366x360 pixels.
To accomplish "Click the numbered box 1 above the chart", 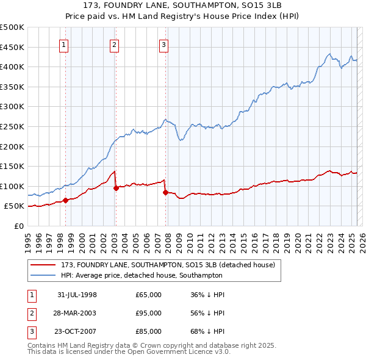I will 64,43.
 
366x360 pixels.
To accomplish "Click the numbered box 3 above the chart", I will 164,43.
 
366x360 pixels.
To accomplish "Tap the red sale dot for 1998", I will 65,200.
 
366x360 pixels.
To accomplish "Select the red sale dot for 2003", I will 116,188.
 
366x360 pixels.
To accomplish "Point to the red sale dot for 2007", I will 165,192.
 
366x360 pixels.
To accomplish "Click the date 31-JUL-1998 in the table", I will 77,295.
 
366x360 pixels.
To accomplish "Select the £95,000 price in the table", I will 148,313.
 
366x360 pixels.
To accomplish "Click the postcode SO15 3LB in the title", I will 260,8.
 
